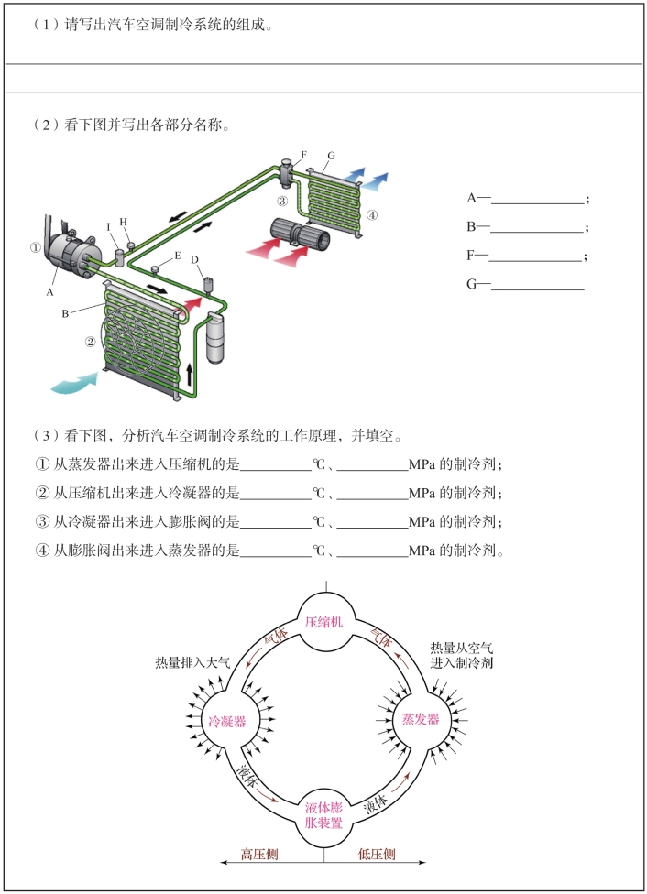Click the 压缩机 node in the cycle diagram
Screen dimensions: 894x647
click(323, 622)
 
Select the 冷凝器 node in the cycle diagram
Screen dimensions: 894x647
click(227, 721)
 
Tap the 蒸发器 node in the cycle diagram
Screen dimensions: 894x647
click(421, 720)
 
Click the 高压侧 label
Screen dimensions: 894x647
click(259, 855)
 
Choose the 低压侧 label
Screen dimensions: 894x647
click(377, 855)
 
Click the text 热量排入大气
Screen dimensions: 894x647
click(192, 661)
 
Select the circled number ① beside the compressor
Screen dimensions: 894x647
click(35, 246)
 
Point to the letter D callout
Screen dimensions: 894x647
click(195, 260)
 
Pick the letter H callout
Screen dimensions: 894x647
click(123, 222)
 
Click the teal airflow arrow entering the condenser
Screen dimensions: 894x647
click(73, 381)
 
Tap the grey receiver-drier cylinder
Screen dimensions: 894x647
click(216, 340)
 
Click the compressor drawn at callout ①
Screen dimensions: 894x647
click(69, 254)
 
